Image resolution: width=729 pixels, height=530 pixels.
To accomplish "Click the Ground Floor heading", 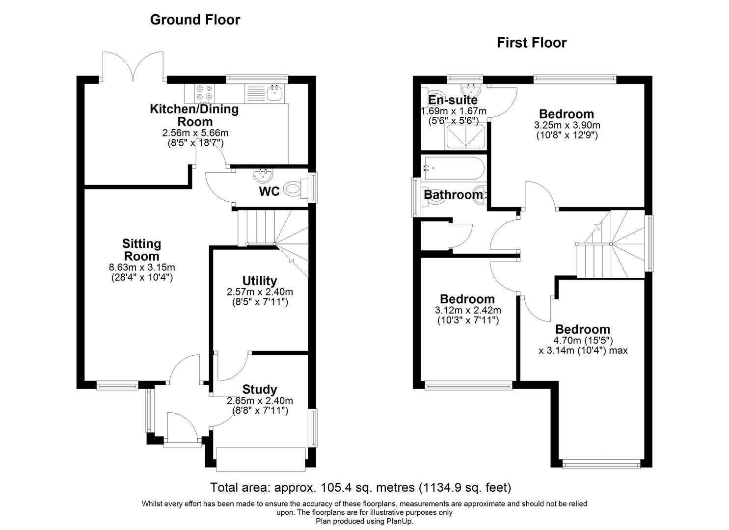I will [x=195, y=20].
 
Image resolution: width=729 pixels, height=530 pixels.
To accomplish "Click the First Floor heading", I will [x=532, y=43].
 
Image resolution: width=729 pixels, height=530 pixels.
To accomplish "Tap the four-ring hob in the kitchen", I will [x=205, y=92].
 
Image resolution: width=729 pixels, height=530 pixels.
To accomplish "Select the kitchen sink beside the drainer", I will [x=274, y=92].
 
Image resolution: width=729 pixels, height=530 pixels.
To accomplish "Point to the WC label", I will [x=269, y=191].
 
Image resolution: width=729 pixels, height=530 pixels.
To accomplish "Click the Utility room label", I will [x=259, y=281].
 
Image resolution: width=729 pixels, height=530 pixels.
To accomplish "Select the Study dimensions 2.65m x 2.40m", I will [x=259, y=400].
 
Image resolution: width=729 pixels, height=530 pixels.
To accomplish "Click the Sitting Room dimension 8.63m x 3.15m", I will [x=142, y=267].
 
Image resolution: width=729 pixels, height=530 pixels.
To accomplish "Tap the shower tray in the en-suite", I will [x=465, y=136].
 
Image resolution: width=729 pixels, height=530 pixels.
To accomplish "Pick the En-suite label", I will [x=453, y=100].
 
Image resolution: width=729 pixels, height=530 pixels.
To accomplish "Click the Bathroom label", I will [x=453, y=195].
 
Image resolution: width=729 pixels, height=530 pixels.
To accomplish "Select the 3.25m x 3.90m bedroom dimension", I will [x=567, y=125].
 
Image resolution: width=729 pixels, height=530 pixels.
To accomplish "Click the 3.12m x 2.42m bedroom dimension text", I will [x=468, y=311].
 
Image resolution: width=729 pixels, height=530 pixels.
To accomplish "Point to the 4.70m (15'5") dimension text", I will [x=582, y=341].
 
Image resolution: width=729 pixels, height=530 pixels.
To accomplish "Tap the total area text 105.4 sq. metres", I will [x=361, y=488].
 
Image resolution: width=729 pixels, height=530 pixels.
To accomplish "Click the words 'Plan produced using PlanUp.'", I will [x=364, y=521].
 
